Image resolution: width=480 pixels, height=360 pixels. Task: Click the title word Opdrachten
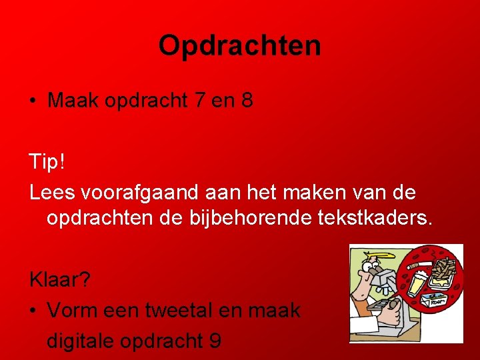coord(240,46)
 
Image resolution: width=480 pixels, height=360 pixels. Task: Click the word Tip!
coord(47,161)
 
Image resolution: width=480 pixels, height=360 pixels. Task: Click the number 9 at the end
coord(215,341)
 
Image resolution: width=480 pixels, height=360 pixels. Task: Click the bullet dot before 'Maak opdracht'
coord(33,102)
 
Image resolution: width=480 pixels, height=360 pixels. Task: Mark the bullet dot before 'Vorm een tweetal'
coord(33,311)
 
